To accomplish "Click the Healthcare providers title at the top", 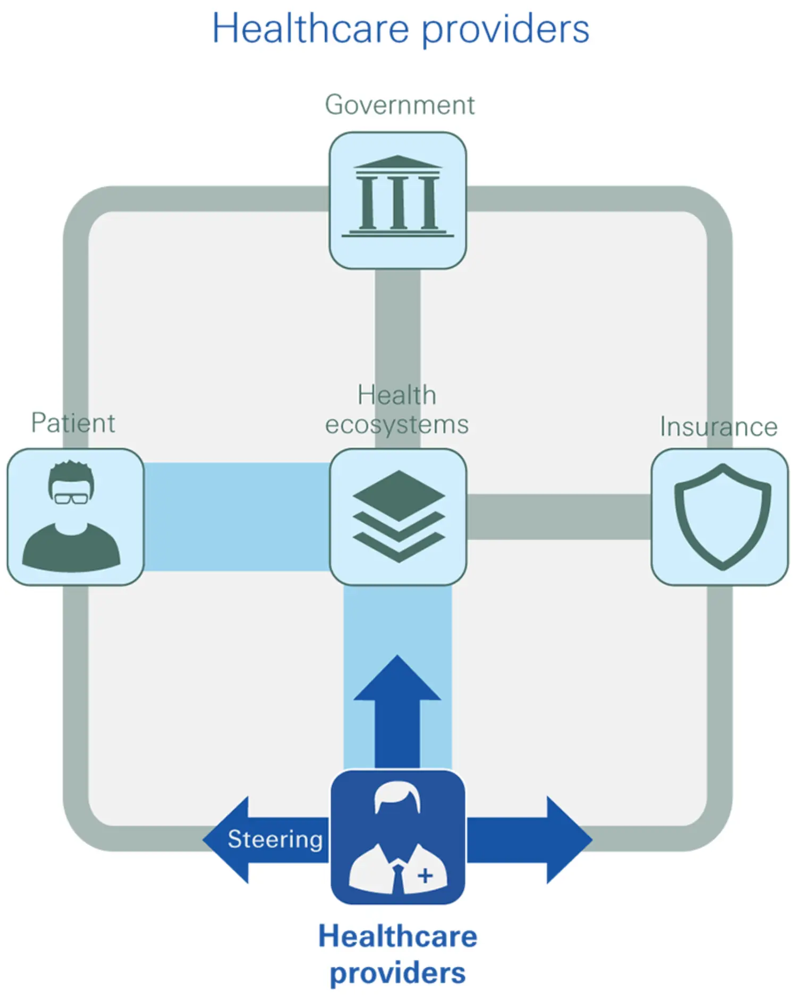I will (x=401, y=29).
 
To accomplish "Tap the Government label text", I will (x=400, y=105).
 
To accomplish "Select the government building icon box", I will (x=397, y=200).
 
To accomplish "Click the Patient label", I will (x=73, y=423).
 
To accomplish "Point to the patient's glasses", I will (x=71, y=498).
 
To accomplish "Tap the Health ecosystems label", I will (x=397, y=410).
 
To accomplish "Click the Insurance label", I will (x=718, y=427).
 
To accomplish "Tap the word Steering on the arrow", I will (x=275, y=839).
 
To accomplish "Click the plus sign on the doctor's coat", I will (x=425, y=875).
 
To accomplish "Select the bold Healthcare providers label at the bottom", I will (x=397, y=955).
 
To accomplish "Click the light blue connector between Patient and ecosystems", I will (x=236, y=516).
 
